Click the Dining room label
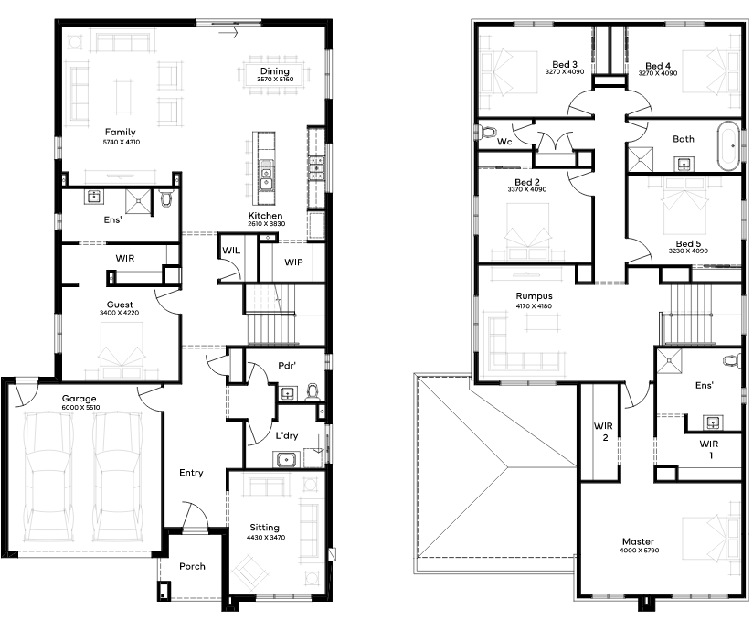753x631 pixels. [275, 71]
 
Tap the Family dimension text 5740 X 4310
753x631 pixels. [122, 143]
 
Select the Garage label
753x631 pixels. [80, 399]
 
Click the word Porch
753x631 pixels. [192, 566]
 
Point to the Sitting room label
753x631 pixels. [264, 528]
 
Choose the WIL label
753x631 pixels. [231, 251]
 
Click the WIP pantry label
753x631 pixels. [293, 262]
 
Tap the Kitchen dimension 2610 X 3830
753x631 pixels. [267, 224]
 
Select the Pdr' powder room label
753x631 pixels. [287, 366]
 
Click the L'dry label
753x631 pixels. [287, 435]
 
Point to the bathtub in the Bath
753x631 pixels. [729, 145]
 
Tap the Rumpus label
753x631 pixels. [534, 296]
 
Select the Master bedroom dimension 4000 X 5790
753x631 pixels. [639, 551]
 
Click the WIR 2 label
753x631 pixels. [604, 431]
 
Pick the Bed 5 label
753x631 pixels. [688, 243]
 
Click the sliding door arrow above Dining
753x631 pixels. [228, 33]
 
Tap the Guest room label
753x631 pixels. [120, 305]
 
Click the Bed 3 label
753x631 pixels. [565, 64]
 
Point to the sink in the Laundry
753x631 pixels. [286, 459]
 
